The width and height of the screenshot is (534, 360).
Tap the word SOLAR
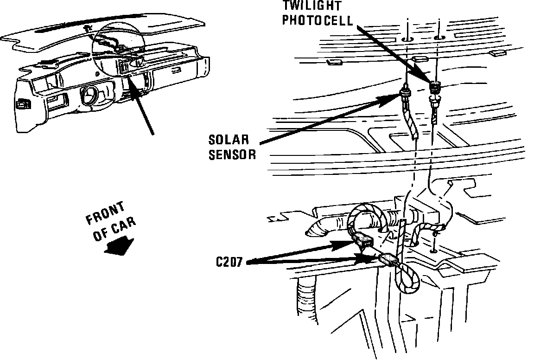point(229,140)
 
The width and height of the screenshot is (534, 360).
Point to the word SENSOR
point(232,154)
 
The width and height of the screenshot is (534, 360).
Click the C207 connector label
point(230,262)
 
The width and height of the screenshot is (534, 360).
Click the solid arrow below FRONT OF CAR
point(119,244)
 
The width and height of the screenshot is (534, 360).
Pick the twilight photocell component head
point(435,87)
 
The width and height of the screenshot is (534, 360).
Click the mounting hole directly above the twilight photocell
point(438,37)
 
